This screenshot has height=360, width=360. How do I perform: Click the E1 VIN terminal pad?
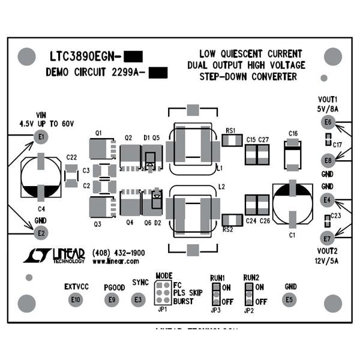(x=40, y=138)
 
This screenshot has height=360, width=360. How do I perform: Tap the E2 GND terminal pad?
(x=40, y=232)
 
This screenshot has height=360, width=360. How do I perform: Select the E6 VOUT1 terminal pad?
(x=327, y=122)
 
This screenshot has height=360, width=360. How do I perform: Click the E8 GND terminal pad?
(x=327, y=160)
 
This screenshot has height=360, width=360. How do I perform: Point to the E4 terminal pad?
(x=327, y=199)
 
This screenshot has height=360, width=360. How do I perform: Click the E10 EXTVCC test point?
(x=75, y=299)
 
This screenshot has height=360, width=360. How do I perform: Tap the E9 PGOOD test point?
(x=111, y=299)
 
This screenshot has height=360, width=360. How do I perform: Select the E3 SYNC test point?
(x=139, y=299)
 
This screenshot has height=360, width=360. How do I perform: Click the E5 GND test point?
(x=290, y=299)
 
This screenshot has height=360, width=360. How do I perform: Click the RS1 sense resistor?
(x=231, y=140)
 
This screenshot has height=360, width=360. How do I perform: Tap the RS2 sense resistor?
(x=231, y=218)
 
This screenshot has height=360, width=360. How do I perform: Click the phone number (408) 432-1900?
(x=119, y=253)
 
